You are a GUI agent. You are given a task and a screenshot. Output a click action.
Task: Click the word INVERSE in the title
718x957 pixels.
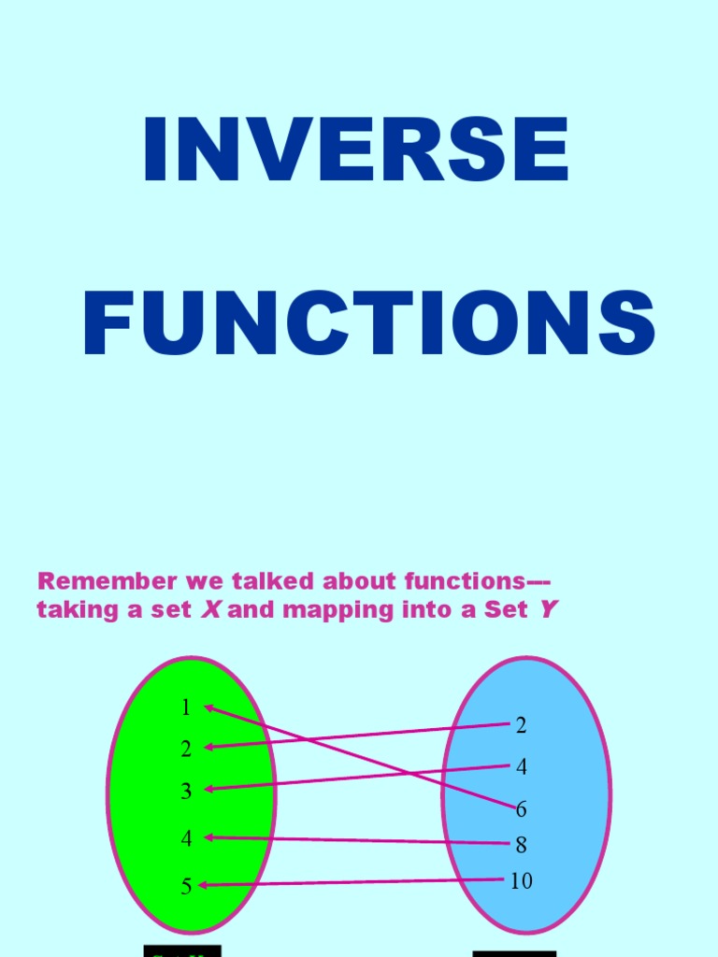pyautogui.click(x=356, y=150)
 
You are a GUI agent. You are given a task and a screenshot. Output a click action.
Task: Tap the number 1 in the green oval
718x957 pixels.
pyautogui.click(x=186, y=707)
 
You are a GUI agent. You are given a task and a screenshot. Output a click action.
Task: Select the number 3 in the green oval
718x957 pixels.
pyautogui.click(x=186, y=792)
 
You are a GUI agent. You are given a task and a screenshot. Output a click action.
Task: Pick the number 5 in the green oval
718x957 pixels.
pyautogui.click(x=186, y=886)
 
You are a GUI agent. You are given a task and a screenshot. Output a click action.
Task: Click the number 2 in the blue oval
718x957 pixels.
pyautogui.click(x=522, y=725)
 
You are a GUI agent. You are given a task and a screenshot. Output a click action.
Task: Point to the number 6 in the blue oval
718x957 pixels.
pyautogui.click(x=522, y=809)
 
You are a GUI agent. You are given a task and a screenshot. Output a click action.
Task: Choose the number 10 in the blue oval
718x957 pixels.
pyautogui.click(x=522, y=880)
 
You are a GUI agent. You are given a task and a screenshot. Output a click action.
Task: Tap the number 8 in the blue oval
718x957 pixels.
pyautogui.click(x=522, y=845)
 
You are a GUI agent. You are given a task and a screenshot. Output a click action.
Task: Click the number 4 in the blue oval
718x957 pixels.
pyautogui.click(x=522, y=767)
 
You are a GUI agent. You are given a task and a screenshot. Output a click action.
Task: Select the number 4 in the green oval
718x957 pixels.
pyautogui.click(x=186, y=838)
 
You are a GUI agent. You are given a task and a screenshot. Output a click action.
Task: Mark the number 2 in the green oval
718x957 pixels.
pyautogui.click(x=186, y=749)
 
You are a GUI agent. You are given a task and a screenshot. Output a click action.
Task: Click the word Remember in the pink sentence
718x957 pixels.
pyautogui.click(x=95, y=581)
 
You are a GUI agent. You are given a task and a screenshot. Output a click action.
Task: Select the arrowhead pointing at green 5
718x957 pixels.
pyautogui.click(x=203, y=885)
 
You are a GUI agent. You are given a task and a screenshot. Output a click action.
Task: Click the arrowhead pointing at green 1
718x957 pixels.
pyautogui.click(x=208, y=707)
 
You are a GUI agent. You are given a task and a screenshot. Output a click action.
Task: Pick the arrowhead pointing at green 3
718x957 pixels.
pyautogui.click(x=208, y=789)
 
